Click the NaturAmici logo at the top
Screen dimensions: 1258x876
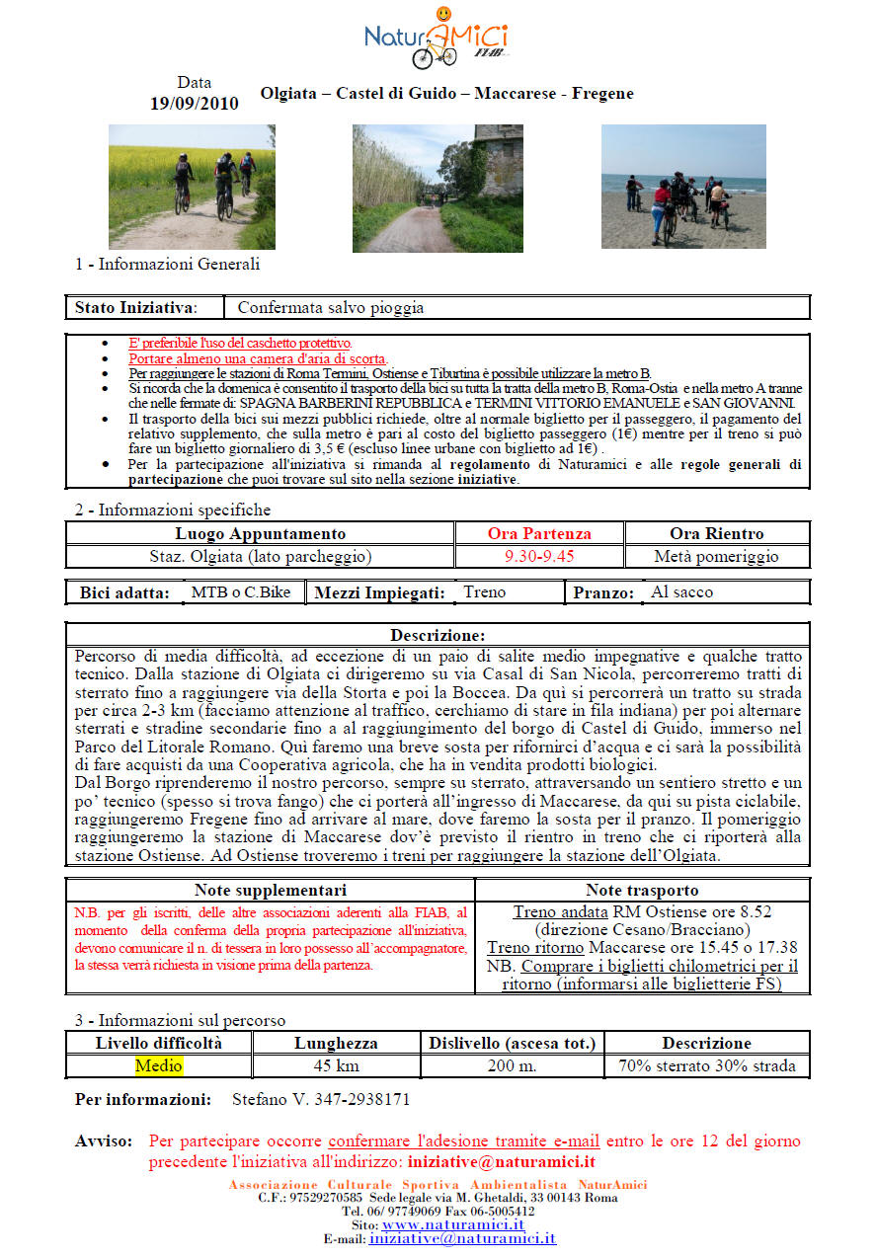tap(437, 38)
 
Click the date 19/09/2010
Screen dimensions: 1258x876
tap(194, 104)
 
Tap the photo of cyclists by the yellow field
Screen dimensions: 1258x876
tap(192, 187)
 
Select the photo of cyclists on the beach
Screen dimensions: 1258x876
tap(683, 187)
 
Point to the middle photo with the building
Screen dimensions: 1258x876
tap(438, 189)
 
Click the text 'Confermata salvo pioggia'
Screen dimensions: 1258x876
tap(331, 308)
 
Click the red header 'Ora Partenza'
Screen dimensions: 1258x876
tap(539, 534)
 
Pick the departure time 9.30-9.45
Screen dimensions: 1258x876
tap(539, 557)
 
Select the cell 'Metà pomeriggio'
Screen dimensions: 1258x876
tap(716, 557)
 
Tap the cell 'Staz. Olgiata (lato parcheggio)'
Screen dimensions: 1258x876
tap(260, 557)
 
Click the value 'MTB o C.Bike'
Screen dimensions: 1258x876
tap(241, 592)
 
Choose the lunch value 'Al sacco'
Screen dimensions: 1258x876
tap(681, 592)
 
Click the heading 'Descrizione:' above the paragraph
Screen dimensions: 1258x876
tap(438, 635)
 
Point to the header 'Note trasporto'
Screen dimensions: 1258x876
tap(642, 891)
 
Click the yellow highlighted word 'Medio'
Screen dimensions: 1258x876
tap(159, 1066)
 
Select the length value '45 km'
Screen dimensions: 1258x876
tap(336, 1066)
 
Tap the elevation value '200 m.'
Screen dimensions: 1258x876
tap(512, 1066)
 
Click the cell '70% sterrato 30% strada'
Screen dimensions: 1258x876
tap(706, 1066)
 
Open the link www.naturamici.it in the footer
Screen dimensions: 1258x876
tap(453, 1224)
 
